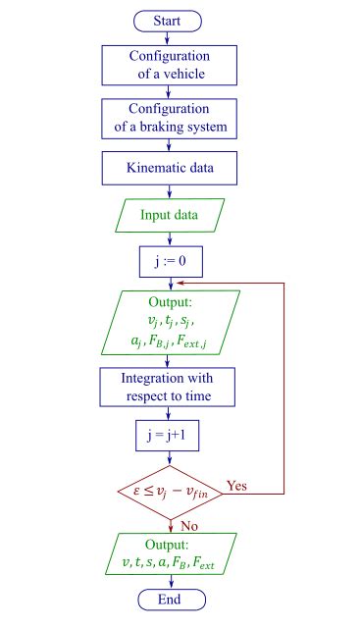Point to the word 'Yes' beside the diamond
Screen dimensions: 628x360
coord(237,485)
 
